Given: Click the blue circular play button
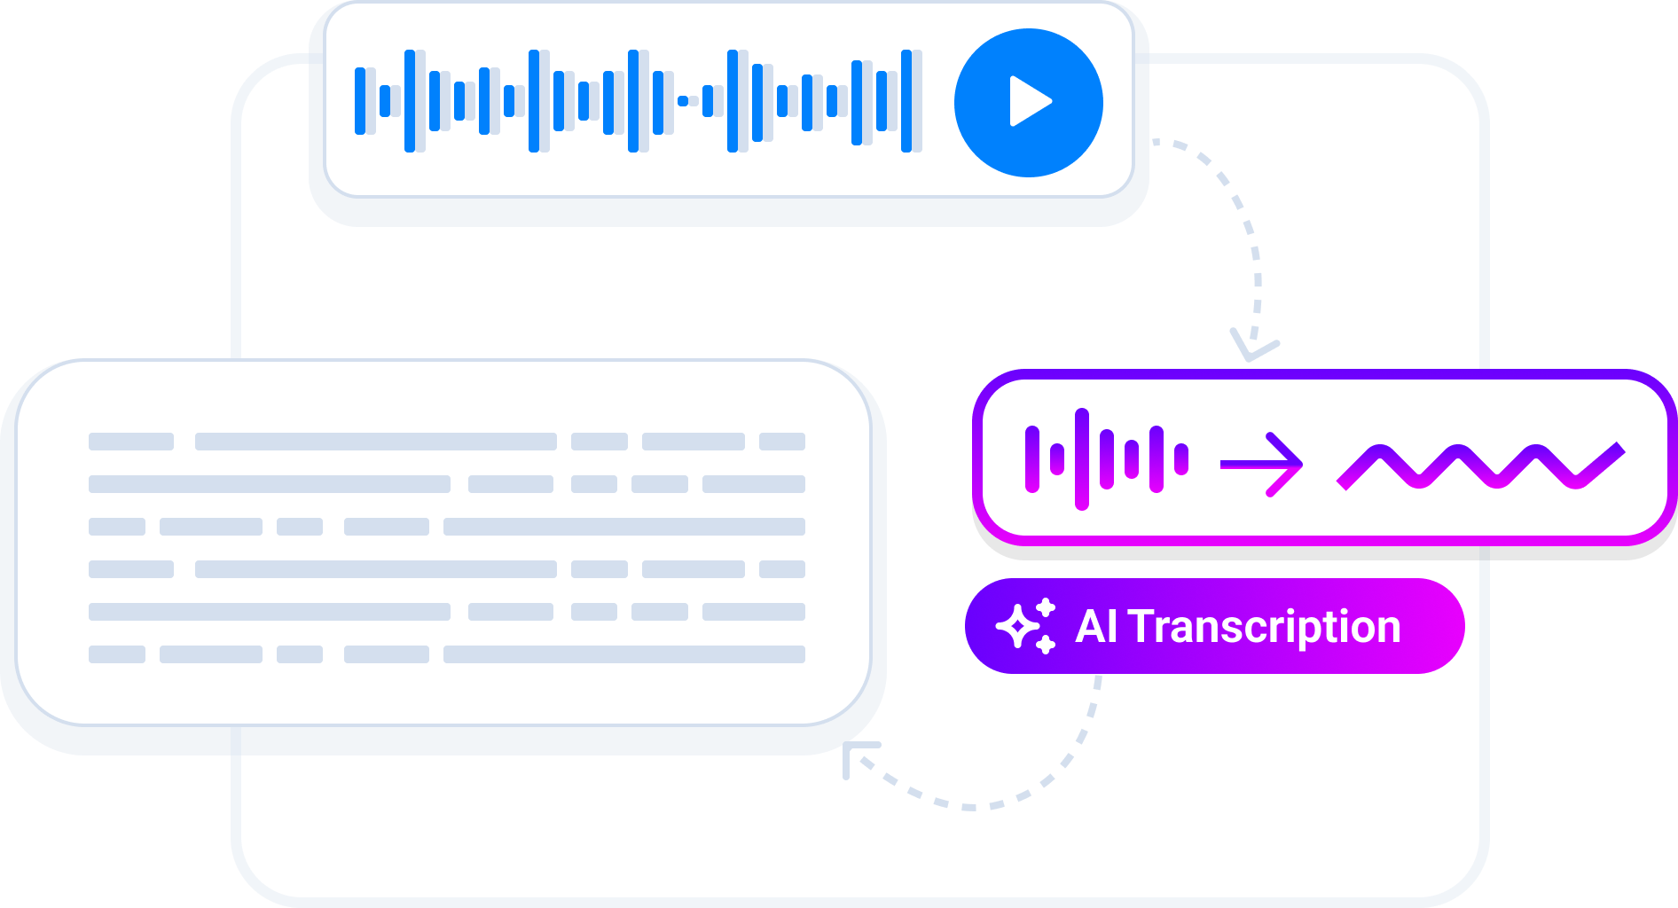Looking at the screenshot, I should (1028, 102).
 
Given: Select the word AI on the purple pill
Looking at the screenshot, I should (1095, 627).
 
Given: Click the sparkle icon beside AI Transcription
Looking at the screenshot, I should (1025, 626).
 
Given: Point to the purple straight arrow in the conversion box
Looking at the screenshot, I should (1261, 464).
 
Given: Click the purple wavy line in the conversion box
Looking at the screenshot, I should (1481, 466).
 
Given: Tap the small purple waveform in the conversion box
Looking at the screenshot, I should (1106, 459).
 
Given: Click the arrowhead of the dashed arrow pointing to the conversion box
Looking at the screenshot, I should (1252, 349).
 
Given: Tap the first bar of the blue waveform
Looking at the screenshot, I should (360, 101).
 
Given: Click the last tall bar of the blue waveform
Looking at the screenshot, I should (906, 101).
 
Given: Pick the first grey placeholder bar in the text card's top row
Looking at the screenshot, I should (131, 442).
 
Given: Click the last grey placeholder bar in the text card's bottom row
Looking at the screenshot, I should (623, 654).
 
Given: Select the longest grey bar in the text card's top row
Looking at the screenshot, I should (375, 442).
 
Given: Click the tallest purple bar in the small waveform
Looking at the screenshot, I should (1081, 459).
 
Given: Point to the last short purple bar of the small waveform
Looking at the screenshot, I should (1180, 459).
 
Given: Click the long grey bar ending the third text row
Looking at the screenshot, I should (623, 527).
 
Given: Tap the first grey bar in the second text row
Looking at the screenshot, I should (269, 484).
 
